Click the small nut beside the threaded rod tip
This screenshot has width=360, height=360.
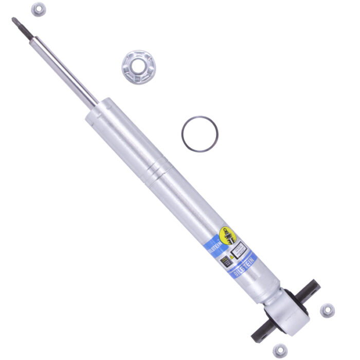tap(38, 9)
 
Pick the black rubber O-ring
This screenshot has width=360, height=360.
tap(200, 134)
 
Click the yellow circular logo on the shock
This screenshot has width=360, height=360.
tap(228, 236)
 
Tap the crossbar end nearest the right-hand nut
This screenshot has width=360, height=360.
tap(312, 286)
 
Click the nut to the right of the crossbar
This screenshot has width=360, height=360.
tap(327, 310)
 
